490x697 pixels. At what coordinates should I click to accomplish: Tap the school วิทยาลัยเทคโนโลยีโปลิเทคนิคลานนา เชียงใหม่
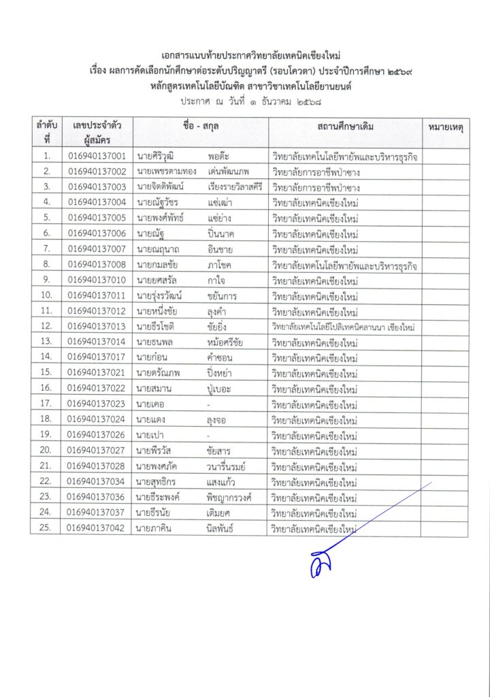(x=344, y=327)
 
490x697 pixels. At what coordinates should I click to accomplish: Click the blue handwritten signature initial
(x=318, y=564)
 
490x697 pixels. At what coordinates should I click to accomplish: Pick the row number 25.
(x=46, y=528)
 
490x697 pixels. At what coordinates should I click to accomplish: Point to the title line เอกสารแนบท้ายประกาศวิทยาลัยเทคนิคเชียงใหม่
(x=245, y=56)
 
